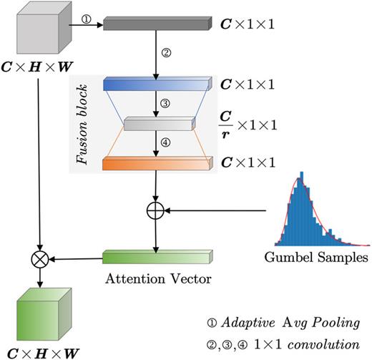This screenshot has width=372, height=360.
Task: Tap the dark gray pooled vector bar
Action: [156, 24]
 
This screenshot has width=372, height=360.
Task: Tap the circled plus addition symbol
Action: [156, 210]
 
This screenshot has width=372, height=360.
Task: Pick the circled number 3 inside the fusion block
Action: [165, 104]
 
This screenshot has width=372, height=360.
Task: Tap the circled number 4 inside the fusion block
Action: [165, 142]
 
